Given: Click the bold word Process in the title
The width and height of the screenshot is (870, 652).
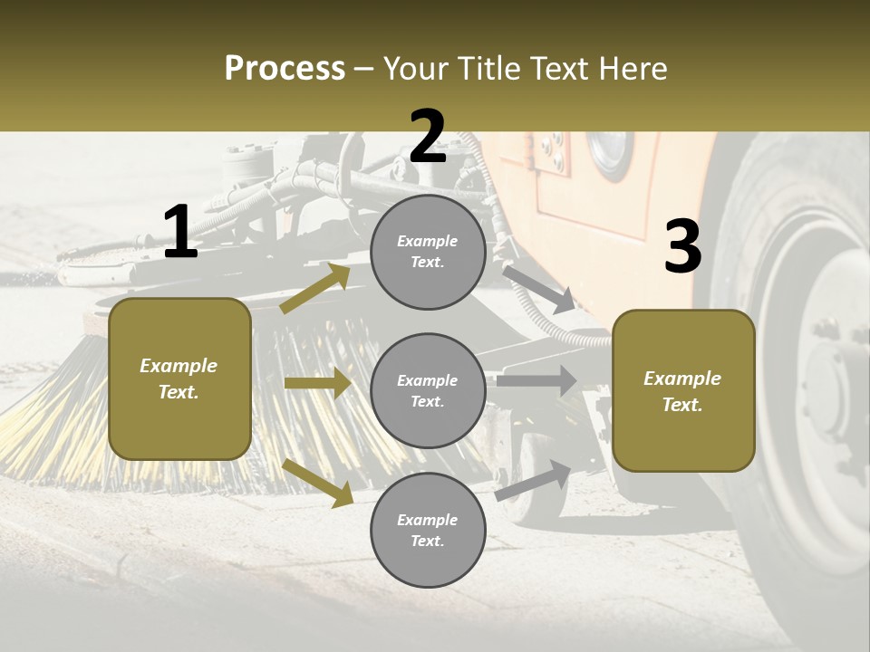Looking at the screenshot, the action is tap(285, 69).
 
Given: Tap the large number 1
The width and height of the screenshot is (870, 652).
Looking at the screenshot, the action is tap(179, 233).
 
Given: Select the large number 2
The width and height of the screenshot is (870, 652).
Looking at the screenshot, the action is tap(427, 137).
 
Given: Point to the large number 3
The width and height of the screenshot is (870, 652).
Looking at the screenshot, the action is tap(682, 247).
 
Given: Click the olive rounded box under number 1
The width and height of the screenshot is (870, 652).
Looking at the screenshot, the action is tap(179, 379).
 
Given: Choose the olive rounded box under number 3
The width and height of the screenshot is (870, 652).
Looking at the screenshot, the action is tap(682, 391).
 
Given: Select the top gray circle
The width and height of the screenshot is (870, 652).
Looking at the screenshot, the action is tap(428, 252).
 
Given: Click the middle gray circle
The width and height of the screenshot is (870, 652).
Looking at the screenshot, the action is tap(428, 390).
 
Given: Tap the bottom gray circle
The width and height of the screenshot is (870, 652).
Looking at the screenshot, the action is tap(428, 530).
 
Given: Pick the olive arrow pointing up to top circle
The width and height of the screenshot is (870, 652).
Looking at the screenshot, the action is tap(315, 289).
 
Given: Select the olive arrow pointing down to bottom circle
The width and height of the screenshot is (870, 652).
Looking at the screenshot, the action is tap(318, 482).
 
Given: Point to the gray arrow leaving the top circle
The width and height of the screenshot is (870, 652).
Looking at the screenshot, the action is tap(537, 288).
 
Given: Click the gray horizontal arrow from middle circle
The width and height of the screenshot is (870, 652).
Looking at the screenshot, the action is tap(536, 380).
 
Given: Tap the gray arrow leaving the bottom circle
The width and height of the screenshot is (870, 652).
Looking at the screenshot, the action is tap(534, 480).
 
